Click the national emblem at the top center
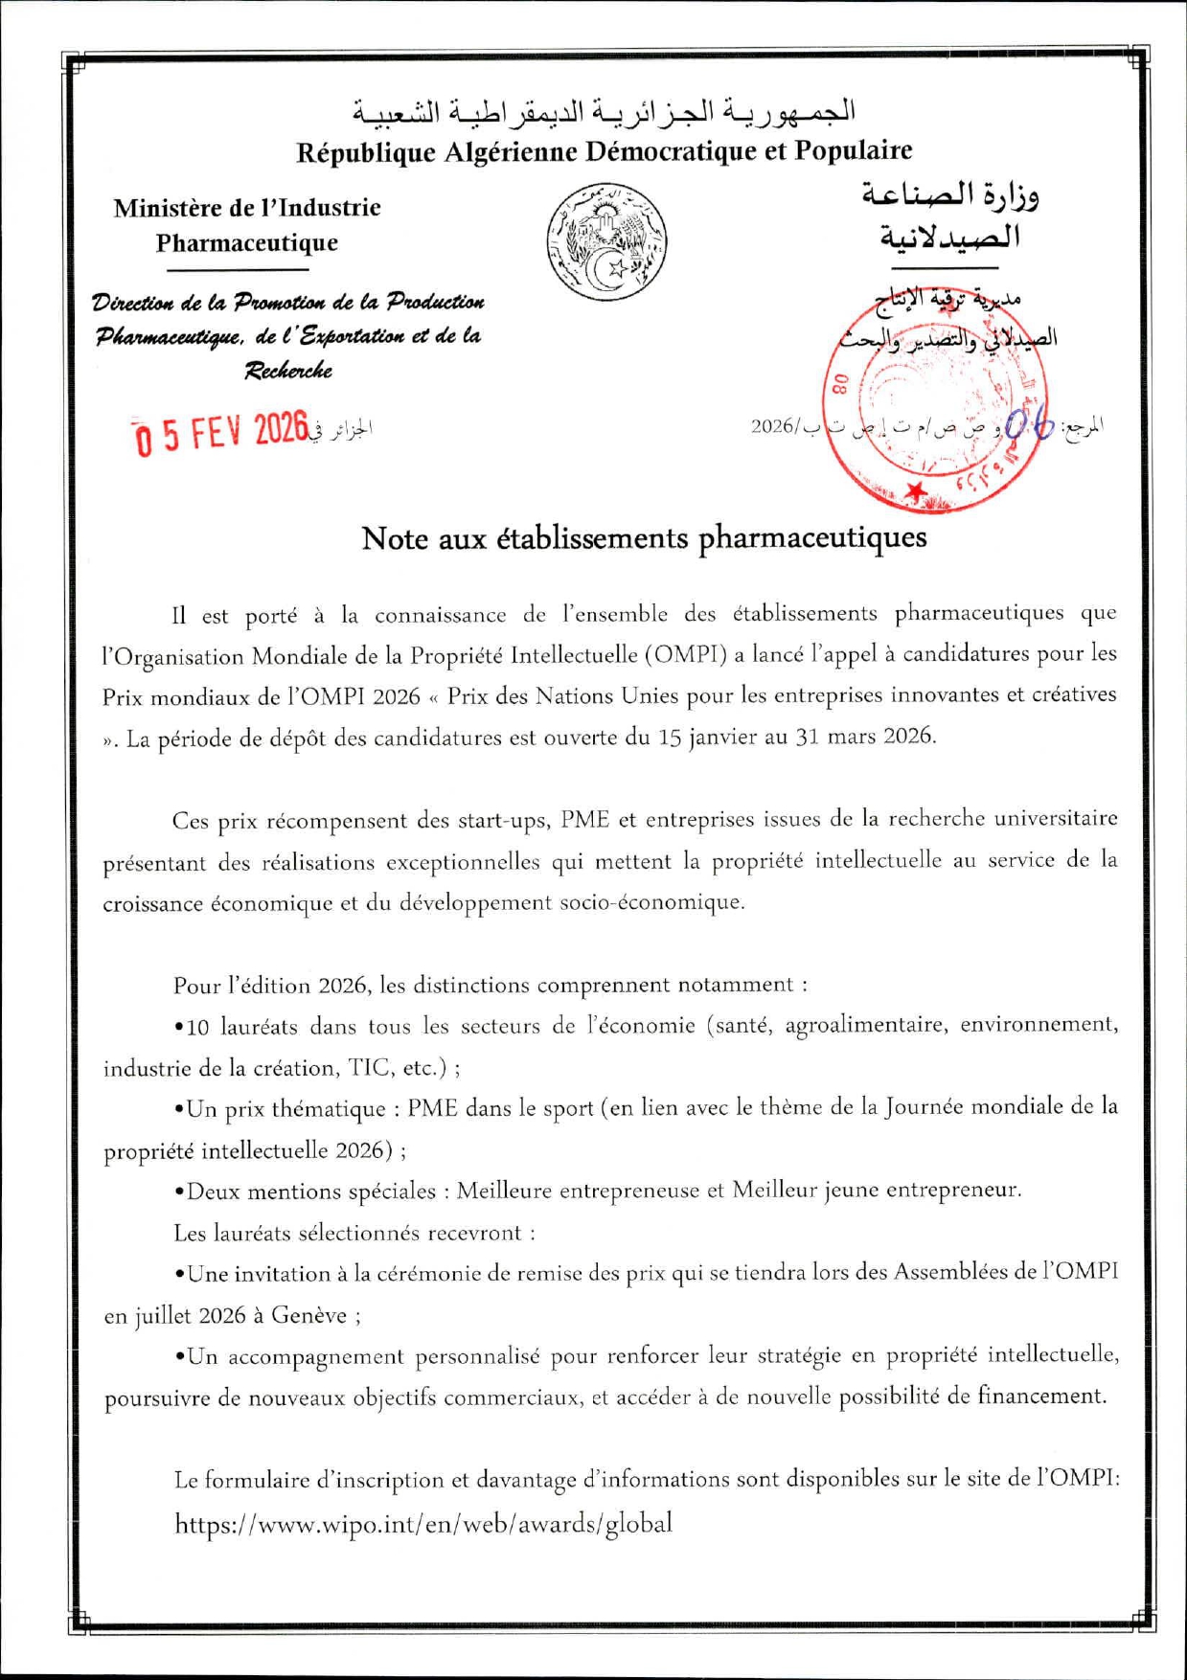(606, 241)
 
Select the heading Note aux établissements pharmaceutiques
(644, 538)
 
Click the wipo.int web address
(423, 1523)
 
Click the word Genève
(308, 1315)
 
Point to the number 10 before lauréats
(197, 1028)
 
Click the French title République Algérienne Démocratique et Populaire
(604, 151)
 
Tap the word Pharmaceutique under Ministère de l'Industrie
(247, 242)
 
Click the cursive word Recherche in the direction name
(288, 371)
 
